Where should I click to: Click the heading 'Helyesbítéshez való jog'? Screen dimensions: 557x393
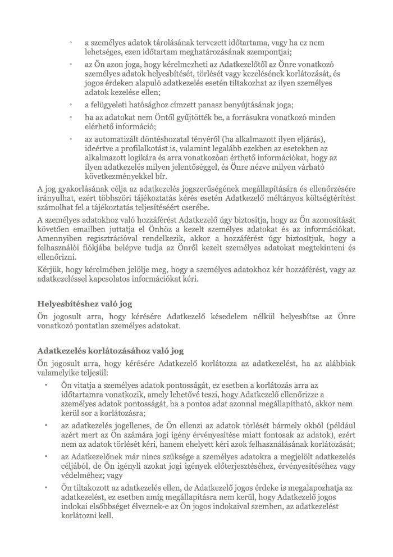[85, 304]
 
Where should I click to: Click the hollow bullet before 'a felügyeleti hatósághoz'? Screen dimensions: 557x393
[71, 105]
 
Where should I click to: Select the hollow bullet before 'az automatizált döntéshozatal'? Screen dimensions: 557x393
[71, 138]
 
